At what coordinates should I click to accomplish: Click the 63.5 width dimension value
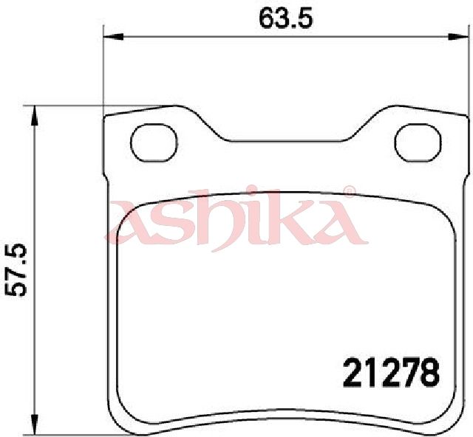pyautogui.click(x=286, y=19)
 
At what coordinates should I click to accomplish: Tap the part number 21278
pyautogui.click(x=391, y=372)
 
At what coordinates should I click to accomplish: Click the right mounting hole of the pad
pyautogui.click(x=418, y=143)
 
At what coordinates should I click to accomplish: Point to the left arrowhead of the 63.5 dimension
pyautogui.click(x=114, y=37)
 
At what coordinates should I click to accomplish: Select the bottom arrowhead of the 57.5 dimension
pyautogui.click(x=35, y=424)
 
